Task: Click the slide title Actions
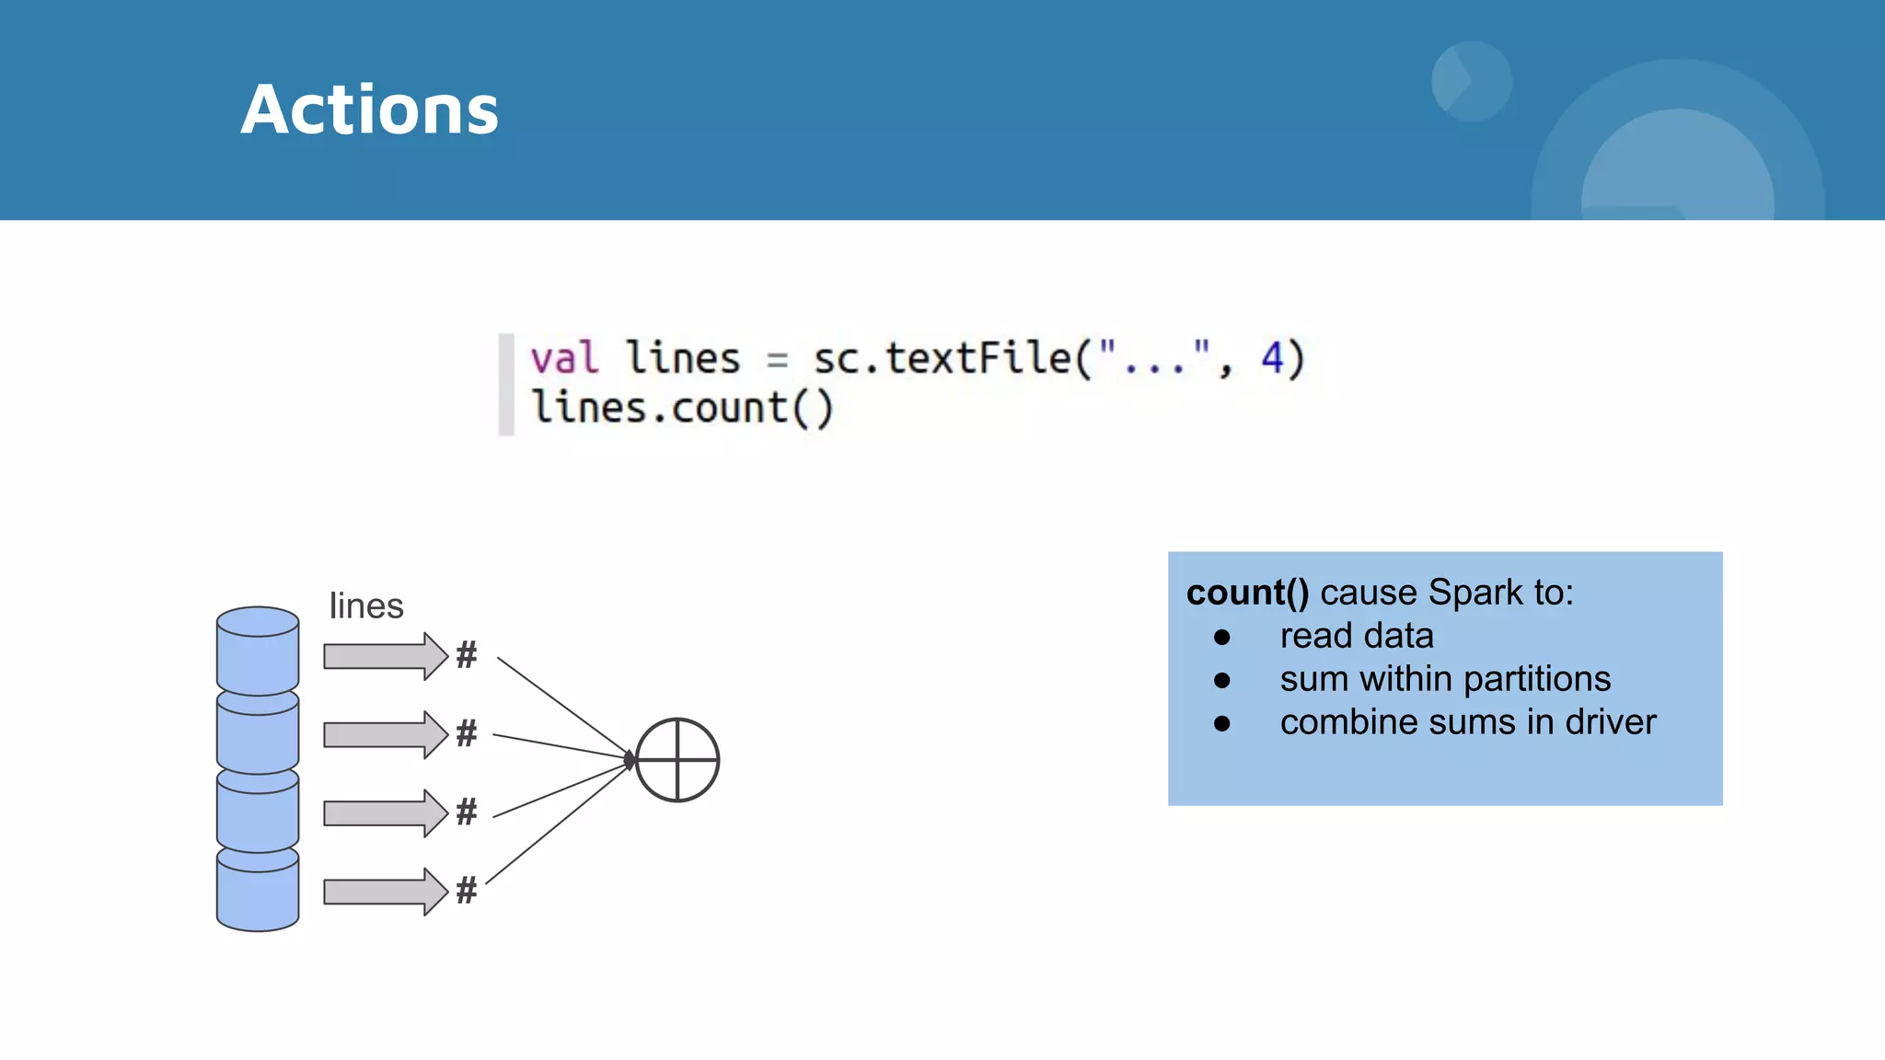tap(370, 110)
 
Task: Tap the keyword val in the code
tap(564, 359)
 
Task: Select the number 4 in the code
tap(1272, 357)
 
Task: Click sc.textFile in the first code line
tap(942, 358)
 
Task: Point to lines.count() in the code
tap(682, 409)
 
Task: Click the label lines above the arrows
tap(366, 606)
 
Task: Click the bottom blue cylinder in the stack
tap(258, 891)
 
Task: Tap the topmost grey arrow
tap(385, 656)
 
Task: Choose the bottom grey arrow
tap(385, 892)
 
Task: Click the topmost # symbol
tap(467, 655)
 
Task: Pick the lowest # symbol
tap(467, 891)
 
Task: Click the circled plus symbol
tap(677, 760)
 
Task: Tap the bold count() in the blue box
tap(1247, 593)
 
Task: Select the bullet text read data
tap(1357, 636)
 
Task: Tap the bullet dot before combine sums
tap(1222, 724)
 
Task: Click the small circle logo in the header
tap(1472, 81)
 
